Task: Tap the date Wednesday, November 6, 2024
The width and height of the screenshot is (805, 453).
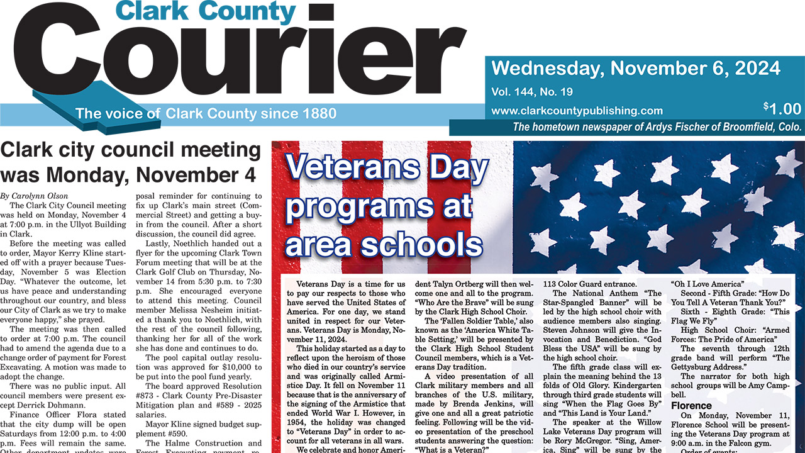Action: (636, 68)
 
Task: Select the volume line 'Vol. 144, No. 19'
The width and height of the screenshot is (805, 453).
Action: (532, 92)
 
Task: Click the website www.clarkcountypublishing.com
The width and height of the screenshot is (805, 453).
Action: (577, 111)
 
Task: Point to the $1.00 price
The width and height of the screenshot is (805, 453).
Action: (782, 109)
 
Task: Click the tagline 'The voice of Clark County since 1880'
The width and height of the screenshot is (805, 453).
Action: (206, 114)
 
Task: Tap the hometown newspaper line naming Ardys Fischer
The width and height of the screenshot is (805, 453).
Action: (657, 126)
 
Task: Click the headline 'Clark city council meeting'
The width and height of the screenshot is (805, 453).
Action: (131, 150)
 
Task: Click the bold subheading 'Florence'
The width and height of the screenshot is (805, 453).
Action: (691, 406)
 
